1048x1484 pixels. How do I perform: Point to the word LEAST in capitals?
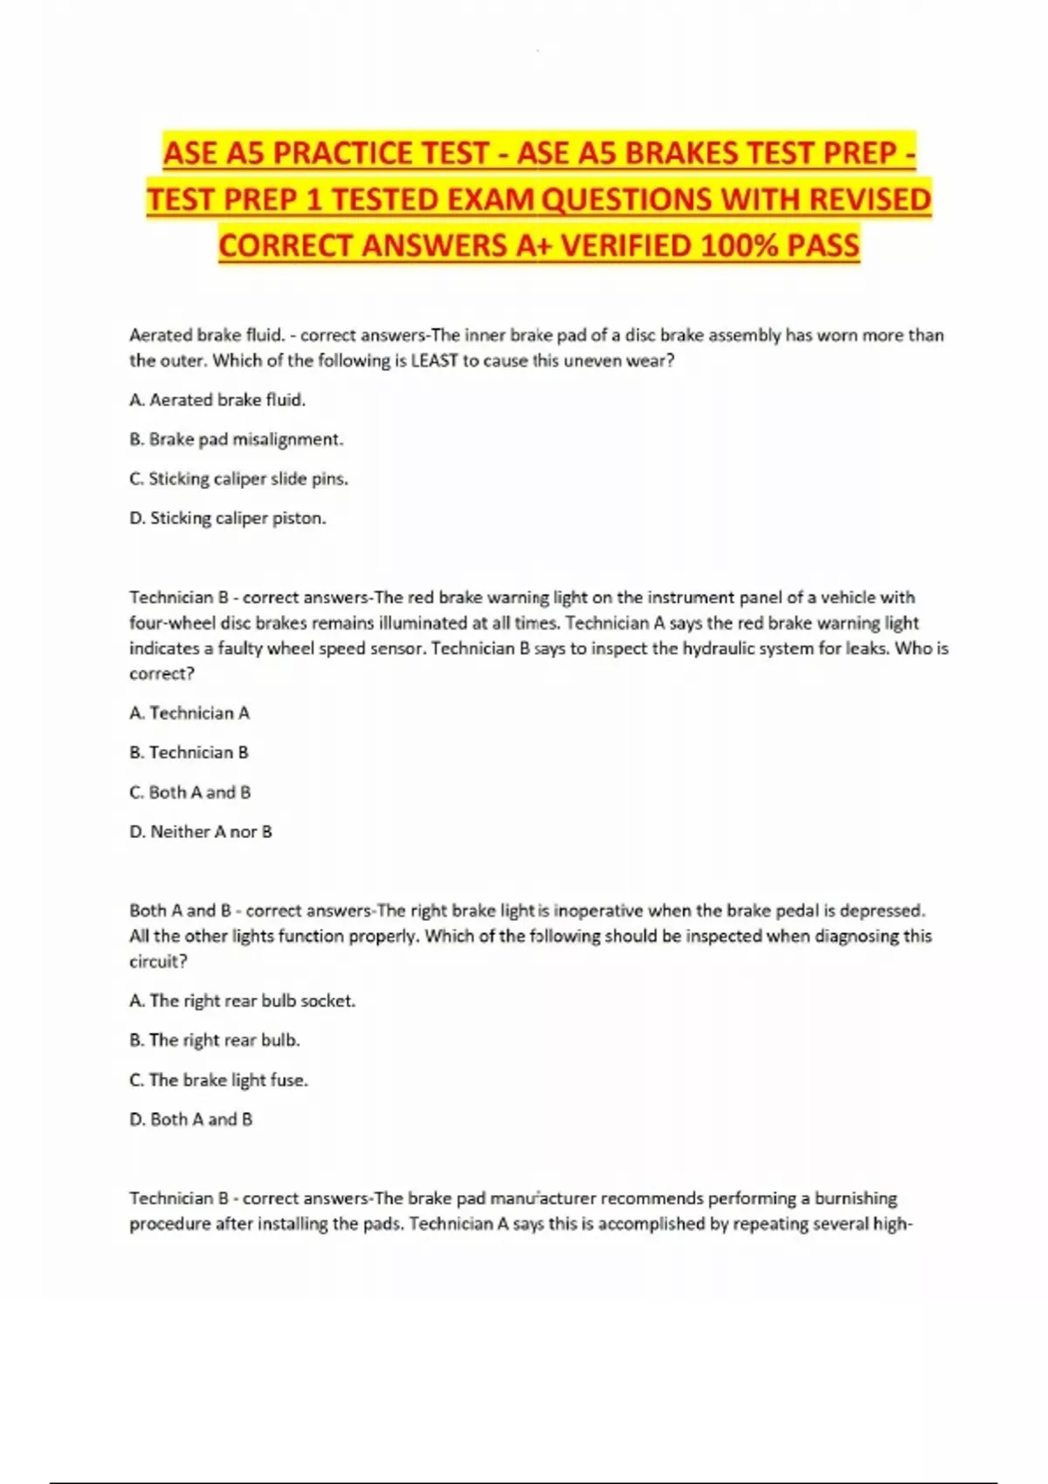tap(434, 361)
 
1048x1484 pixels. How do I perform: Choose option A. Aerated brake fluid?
tap(217, 400)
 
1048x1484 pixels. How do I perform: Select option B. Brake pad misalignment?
tap(236, 439)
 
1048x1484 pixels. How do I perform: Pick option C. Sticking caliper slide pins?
tap(238, 478)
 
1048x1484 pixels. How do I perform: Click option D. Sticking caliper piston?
tap(227, 518)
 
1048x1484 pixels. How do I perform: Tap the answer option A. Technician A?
tap(190, 713)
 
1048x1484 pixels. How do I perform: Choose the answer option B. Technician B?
tap(189, 752)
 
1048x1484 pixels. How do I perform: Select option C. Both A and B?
tap(190, 792)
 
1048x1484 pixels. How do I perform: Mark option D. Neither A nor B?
tap(201, 832)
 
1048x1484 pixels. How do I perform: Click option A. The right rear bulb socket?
tap(242, 1000)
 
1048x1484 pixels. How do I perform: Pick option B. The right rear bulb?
tap(214, 1040)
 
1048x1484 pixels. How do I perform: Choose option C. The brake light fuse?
tap(218, 1080)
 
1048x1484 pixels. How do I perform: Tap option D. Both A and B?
tap(190, 1119)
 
